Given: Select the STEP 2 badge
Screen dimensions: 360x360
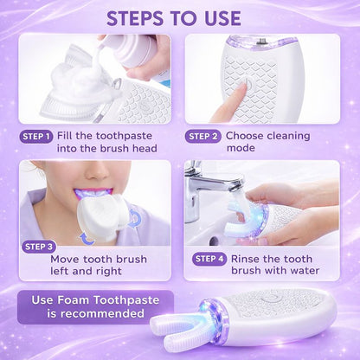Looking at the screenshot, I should (203, 136).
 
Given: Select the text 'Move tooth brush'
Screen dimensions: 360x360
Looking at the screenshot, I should (98, 258).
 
